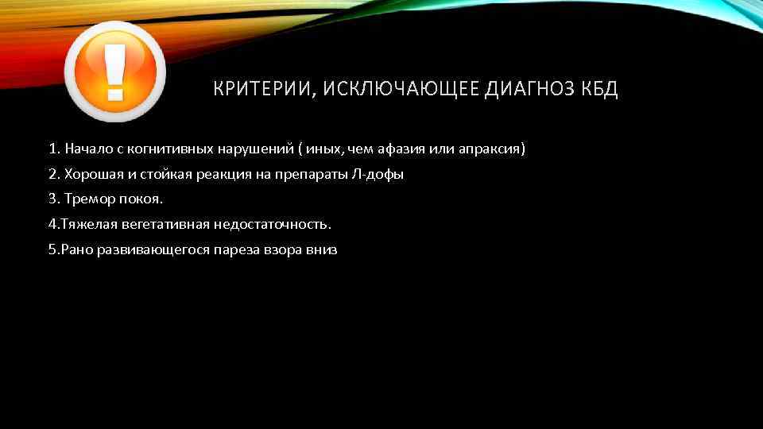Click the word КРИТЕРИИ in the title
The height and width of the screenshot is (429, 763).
coord(260,89)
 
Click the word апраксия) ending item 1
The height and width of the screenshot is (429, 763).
coord(493,149)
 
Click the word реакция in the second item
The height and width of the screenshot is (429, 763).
coord(222,174)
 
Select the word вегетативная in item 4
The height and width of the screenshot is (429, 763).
coord(156,224)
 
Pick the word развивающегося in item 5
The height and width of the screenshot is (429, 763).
coord(143,249)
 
